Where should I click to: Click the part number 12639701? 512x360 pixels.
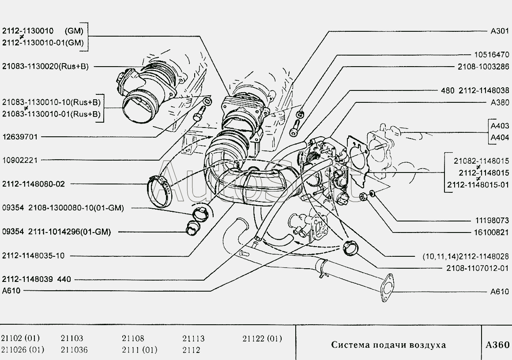click(x=20, y=137)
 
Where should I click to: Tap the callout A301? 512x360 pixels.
click(x=500, y=31)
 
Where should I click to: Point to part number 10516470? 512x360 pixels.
click(x=491, y=55)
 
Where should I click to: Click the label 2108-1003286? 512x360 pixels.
click(x=482, y=67)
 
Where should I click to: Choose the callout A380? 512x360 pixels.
click(x=500, y=102)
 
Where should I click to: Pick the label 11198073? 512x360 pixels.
click(x=491, y=220)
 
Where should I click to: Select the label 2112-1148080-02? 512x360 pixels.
click(x=33, y=184)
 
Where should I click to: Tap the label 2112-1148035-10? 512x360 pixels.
click(x=33, y=255)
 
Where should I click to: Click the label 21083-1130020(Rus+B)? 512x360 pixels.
click(x=45, y=67)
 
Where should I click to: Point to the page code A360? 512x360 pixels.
click(x=497, y=345)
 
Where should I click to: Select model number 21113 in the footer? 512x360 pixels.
click(x=193, y=339)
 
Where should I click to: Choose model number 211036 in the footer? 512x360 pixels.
click(x=74, y=350)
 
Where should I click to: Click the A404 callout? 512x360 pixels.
click(x=500, y=137)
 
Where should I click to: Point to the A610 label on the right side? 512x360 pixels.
click(x=500, y=292)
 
